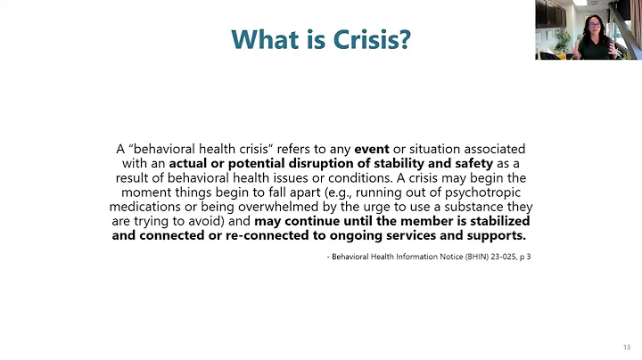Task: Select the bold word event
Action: (x=372, y=149)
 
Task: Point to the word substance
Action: (x=476, y=207)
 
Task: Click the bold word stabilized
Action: (x=495, y=221)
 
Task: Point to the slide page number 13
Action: (x=626, y=348)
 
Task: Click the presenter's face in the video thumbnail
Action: (x=591, y=19)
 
